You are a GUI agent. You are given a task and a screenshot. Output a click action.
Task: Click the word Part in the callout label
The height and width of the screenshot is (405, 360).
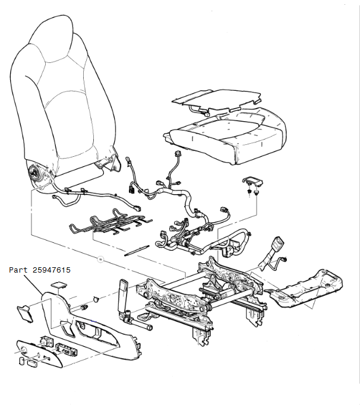(18, 270)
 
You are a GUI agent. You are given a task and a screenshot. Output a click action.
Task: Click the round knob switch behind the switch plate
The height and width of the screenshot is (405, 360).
(45, 342)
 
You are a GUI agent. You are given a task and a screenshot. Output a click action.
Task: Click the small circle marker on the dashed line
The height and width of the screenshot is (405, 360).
(100, 260)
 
